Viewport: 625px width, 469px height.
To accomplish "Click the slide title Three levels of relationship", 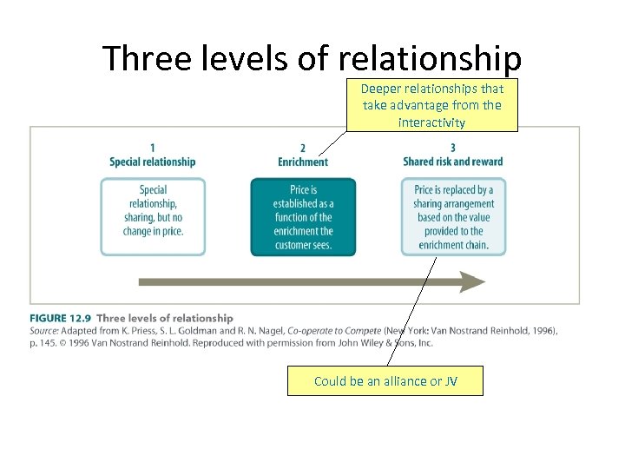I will [312, 59].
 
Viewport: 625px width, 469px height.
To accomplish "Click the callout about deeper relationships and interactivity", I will [431, 105].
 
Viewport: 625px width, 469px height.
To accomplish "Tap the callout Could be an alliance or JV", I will [385, 381].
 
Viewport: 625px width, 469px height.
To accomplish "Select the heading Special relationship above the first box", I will [153, 162].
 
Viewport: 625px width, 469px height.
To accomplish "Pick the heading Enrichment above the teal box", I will [303, 162].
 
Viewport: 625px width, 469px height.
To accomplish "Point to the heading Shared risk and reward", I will [453, 162].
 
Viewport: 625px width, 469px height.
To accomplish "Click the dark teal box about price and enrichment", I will [303, 217].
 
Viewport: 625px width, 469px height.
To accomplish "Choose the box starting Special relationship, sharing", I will [153, 217].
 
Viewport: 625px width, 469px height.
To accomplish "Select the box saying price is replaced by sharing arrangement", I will [453, 217].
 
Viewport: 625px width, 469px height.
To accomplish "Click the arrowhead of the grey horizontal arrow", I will [472, 282].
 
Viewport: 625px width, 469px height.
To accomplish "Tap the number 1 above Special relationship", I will [153, 149].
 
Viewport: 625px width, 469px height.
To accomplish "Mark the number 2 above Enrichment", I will [303, 149].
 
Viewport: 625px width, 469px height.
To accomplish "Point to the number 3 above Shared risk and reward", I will [453, 149].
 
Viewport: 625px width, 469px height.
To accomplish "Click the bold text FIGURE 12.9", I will [62, 319].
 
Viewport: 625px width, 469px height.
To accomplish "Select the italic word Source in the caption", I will [44, 331].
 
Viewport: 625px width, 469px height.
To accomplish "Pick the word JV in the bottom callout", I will [451, 381].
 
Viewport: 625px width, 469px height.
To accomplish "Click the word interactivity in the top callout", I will [431, 122].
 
